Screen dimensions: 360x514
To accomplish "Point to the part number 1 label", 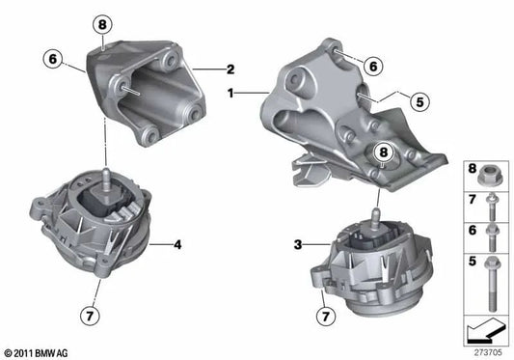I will coord(230,95).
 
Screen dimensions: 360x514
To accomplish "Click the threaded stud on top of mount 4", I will coord(99,177).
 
